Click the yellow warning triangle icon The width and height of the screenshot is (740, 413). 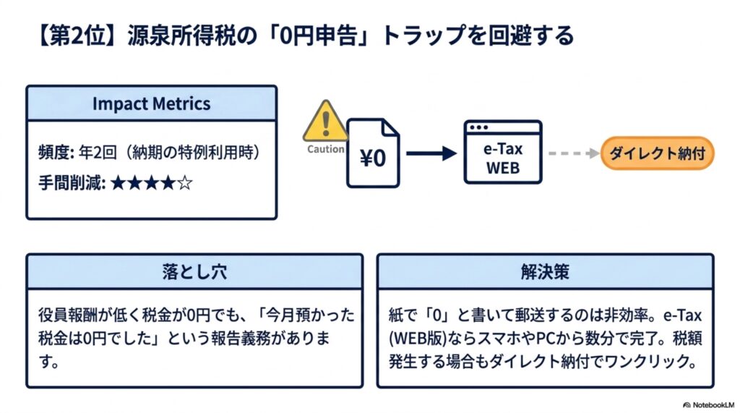click(x=325, y=122)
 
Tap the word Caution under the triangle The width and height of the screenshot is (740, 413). click(x=326, y=149)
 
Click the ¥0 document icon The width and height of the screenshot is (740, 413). click(x=373, y=153)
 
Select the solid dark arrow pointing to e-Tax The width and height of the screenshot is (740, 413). click(x=431, y=153)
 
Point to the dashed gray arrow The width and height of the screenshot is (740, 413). click(x=574, y=153)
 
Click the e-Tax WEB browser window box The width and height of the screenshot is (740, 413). click(x=503, y=152)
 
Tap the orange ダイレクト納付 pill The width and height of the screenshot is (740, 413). click(x=657, y=153)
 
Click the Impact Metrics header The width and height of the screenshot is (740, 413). click(x=152, y=103)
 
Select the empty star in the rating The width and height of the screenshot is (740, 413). click(x=185, y=183)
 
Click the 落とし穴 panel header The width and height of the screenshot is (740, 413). click(x=194, y=272)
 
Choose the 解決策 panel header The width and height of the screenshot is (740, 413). click(x=545, y=272)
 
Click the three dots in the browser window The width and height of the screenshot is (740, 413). click(x=478, y=127)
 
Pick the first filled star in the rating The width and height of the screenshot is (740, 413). click(x=118, y=183)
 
